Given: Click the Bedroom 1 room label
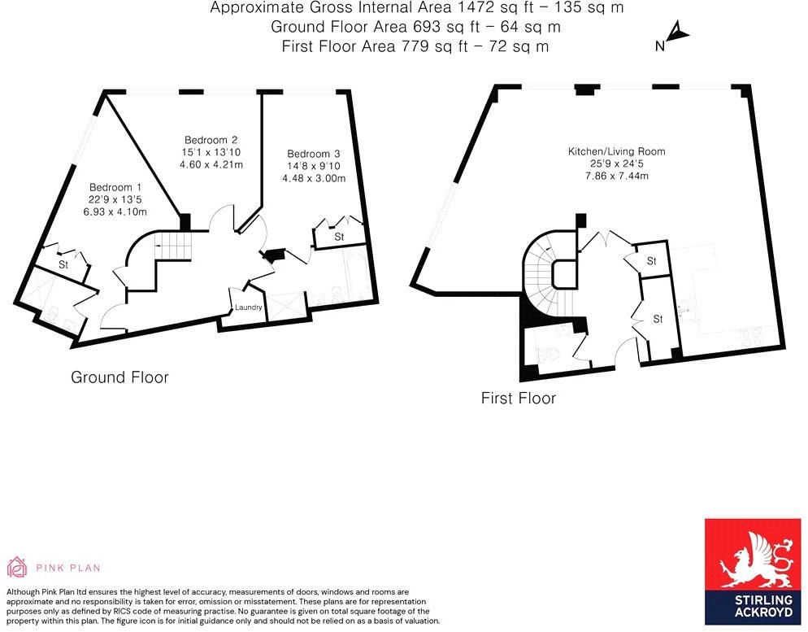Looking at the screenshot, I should coord(110,186).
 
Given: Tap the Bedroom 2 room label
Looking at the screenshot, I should coord(211,139).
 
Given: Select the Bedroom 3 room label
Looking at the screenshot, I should coord(314,154).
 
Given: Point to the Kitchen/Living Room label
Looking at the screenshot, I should coord(616,151).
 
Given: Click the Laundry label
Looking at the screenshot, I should coord(248,307).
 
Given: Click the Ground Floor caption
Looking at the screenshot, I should coord(120,377).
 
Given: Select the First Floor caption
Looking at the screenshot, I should coord(519,399).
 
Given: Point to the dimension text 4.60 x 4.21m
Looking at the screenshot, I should coord(211,165).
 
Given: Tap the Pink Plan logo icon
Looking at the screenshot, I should coord(17,567).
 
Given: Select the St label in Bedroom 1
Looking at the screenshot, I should coord(63,264).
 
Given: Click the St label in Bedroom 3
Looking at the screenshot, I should coord(339,237).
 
